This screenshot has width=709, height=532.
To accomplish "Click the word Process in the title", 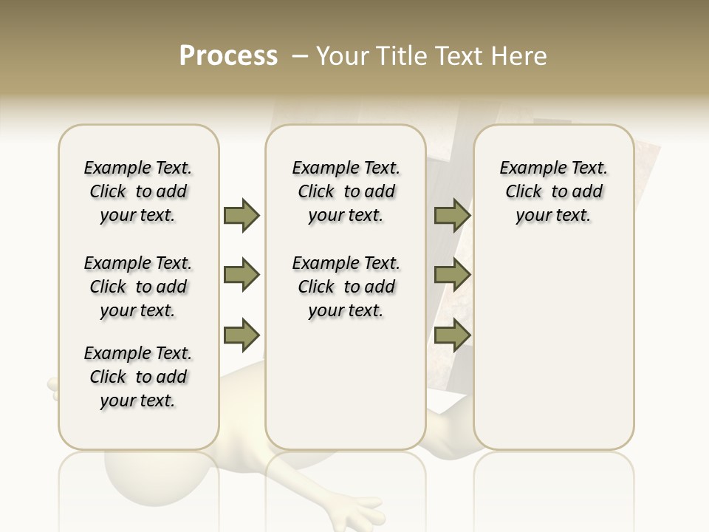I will tap(228, 56).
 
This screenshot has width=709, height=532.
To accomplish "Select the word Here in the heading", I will tap(519, 56).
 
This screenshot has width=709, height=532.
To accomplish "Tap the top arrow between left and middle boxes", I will tap(242, 215).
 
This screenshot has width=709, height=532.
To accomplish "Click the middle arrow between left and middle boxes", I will tap(242, 276).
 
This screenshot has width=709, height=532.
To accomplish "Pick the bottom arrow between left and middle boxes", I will tap(242, 335).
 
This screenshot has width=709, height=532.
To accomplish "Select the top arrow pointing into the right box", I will tap(452, 215).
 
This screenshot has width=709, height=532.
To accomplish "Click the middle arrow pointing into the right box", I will tap(452, 276).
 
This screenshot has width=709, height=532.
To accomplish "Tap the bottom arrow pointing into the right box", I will tap(452, 335).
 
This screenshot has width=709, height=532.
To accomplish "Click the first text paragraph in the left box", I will tap(138, 191).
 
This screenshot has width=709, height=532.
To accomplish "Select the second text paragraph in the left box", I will tap(138, 287).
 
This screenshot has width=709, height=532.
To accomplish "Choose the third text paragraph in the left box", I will tap(138, 377).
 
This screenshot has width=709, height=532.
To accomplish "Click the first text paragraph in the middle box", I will tap(346, 191).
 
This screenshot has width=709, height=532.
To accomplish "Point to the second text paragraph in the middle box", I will tap(346, 287).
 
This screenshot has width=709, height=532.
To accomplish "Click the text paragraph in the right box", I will tap(553, 191).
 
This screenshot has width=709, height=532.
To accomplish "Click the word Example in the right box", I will tap(527, 168).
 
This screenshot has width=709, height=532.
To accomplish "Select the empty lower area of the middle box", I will tap(346, 384).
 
